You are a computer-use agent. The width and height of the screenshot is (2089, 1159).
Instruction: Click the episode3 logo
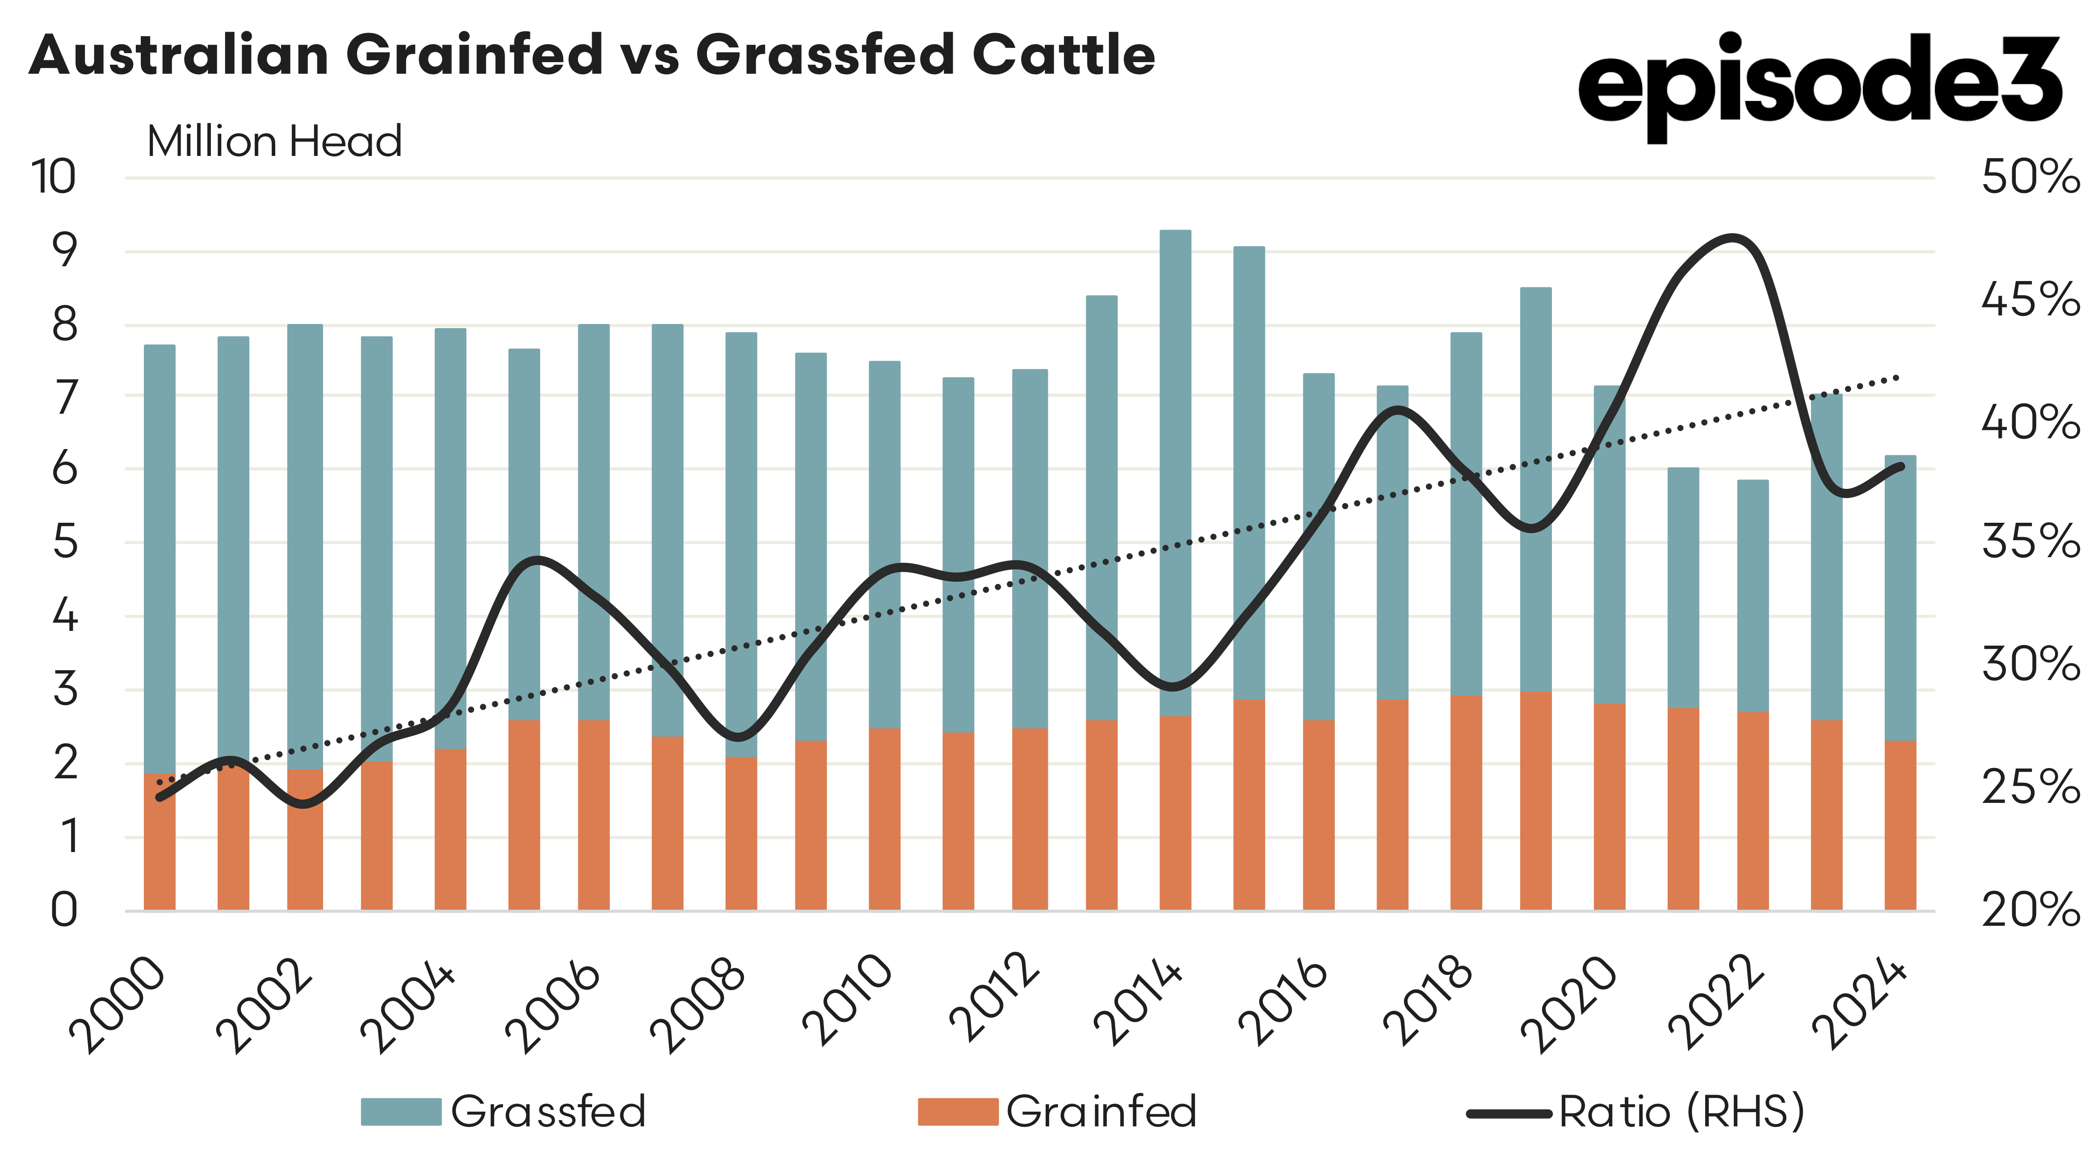(x=1819, y=85)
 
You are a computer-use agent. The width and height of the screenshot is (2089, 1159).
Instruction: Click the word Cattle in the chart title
(x=1063, y=55)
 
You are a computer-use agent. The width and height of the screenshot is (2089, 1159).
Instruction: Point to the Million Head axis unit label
(x=274, y=142)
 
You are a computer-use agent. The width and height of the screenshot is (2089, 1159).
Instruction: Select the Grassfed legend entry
(x=503, y=1111)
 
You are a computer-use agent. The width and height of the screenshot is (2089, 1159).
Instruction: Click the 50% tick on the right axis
(x=2030, y=177)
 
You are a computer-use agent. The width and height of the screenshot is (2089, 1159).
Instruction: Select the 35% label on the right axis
(x=2030, y=542)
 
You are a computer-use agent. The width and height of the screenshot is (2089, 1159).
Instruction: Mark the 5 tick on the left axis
(x=65, y=542)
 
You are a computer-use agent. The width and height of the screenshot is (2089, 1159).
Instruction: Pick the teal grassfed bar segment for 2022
(x=1753, y=596)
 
